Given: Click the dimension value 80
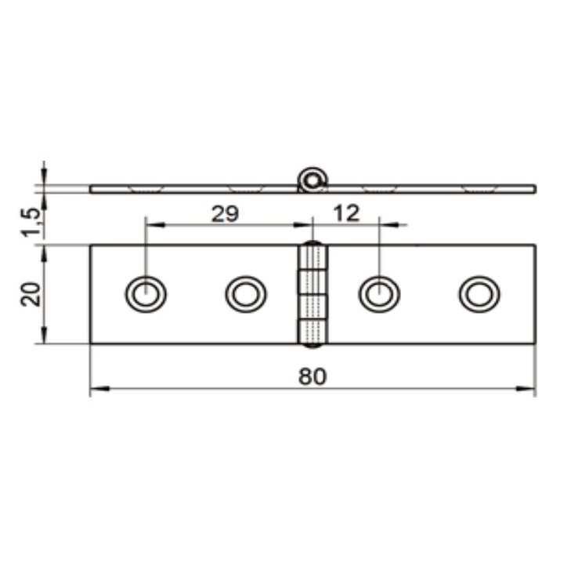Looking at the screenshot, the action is click(313, 376).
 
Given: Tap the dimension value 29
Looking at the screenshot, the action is click(225, 214).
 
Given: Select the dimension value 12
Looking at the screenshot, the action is click(346, 213).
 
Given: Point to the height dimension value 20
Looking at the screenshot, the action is click(31, 294).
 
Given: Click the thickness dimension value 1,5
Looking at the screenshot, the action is click(31, 223).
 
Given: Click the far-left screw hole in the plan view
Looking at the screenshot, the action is click(146, 294).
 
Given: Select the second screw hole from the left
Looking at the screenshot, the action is click(246, 294).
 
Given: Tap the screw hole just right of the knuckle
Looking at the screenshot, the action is click(379, 294).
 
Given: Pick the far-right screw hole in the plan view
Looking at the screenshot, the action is click(479, 294).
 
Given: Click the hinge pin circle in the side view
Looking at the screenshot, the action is click(312, 180).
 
